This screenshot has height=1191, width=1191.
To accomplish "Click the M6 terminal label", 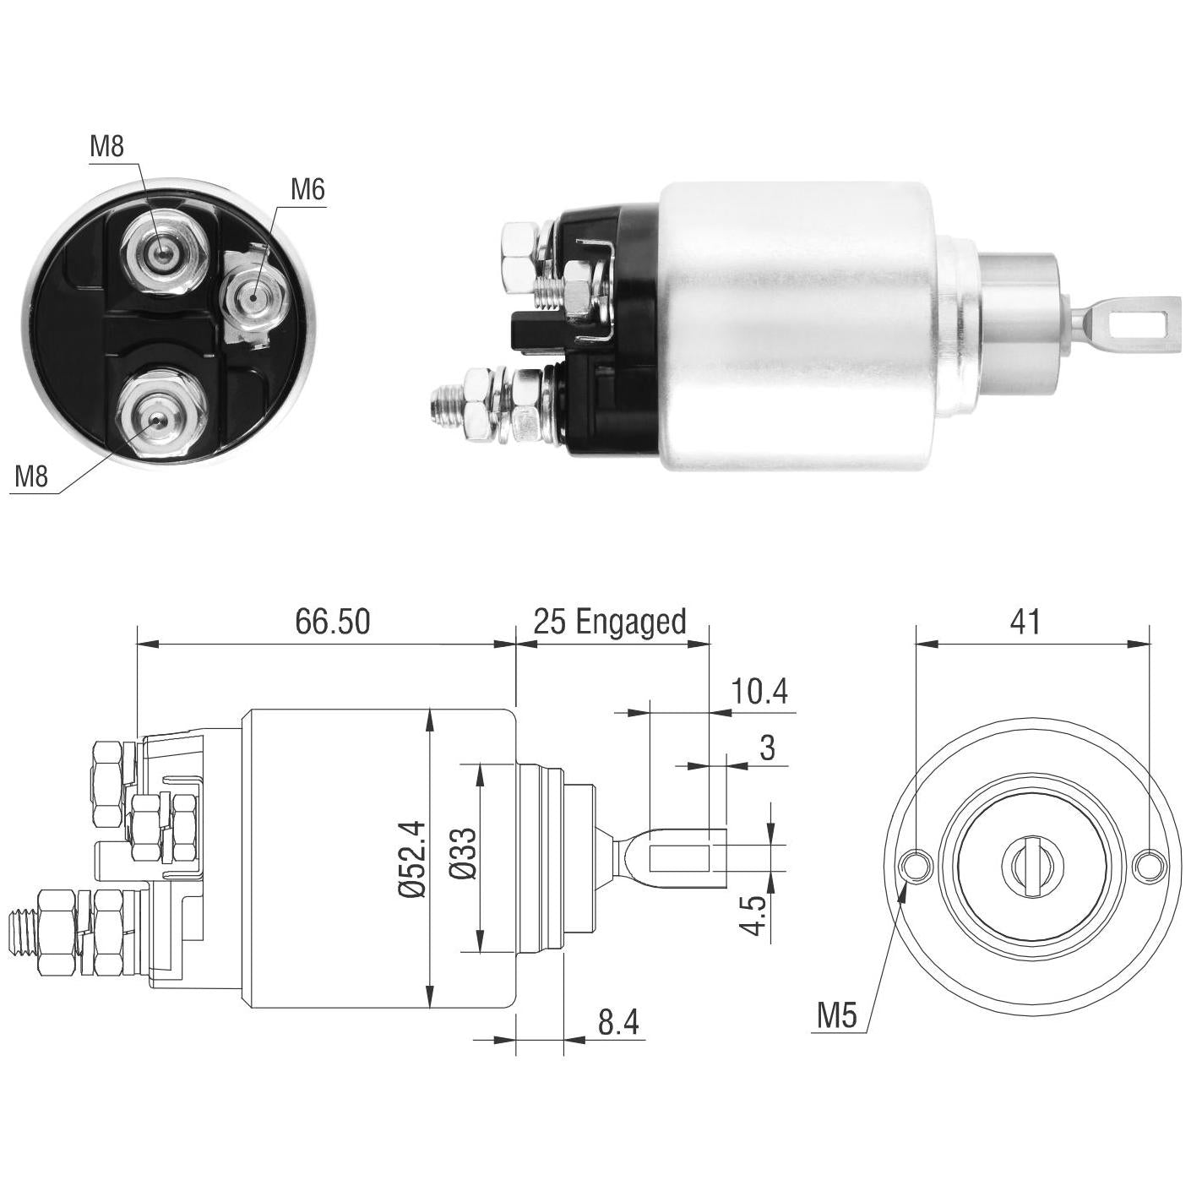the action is click(x=307, y=190).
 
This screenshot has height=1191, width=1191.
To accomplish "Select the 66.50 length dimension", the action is click(x=333, y=622).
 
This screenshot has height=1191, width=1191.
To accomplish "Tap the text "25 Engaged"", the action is click(x=610, y=623).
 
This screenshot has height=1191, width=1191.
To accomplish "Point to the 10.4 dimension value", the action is click(x=759, y=692).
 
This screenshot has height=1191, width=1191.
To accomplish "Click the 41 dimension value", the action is click(x=1025, y=622).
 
